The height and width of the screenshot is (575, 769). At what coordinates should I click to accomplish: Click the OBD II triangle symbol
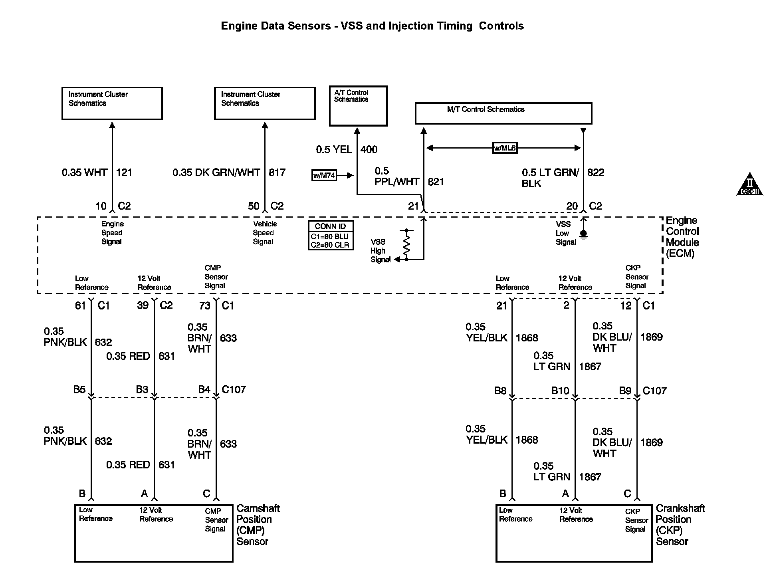(749, 185)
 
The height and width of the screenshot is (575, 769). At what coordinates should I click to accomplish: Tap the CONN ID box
(330, 236)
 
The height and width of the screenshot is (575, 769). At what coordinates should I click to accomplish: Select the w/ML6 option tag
(505, 148)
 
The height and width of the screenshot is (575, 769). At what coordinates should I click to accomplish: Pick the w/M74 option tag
(324, 175)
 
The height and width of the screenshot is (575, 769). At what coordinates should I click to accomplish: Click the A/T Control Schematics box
(358, 106)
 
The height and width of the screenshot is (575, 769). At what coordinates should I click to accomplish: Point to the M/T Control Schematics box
(503, 113)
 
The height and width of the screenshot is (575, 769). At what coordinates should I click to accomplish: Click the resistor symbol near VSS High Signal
(406, 244)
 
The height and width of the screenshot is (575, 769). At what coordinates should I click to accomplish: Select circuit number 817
(277, 172)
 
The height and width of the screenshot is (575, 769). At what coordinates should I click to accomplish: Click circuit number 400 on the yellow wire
(369, 149)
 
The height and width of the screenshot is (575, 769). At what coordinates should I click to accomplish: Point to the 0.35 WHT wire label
(84, 172)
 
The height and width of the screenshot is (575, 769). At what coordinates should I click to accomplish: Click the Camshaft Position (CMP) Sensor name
(258, 525)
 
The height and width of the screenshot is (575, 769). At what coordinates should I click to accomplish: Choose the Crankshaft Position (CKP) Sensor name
(680, 525)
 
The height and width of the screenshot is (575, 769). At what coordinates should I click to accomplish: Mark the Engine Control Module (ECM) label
(682, 237)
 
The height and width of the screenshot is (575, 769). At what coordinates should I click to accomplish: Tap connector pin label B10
(560, 391)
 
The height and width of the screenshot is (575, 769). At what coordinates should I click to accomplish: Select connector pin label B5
(79, 389)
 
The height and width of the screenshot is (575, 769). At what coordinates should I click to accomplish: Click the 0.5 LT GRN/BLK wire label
(550, 178)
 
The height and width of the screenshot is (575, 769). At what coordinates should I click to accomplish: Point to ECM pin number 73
(204, 305)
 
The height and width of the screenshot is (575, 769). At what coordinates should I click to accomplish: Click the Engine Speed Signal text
(112, 233)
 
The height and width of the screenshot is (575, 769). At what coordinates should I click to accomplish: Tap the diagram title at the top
(372, 26)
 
